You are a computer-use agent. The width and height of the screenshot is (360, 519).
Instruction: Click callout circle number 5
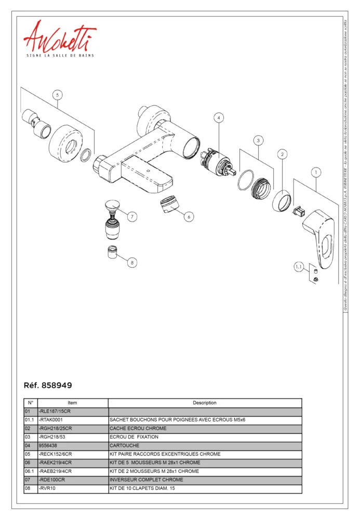[58, 95]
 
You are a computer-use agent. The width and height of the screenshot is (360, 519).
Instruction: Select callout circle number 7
[132, 216]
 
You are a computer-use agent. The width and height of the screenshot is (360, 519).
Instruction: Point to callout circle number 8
[132, 263]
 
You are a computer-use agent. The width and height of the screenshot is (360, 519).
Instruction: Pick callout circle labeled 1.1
[299, 267]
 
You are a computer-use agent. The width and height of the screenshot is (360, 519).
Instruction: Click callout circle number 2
[282, 154]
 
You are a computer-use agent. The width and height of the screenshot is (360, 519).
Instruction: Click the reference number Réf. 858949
[48, 386]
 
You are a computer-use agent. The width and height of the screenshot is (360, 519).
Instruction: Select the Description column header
[205, 403]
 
